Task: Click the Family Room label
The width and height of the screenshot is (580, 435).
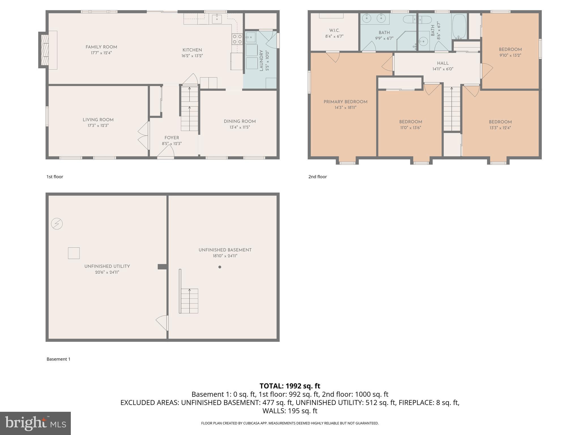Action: pos(101,47)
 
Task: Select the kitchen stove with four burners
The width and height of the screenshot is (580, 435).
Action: pos(237,39)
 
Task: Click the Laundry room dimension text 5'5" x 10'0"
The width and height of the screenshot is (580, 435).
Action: pos(267,61)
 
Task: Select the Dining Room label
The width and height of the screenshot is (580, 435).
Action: pos(240,121)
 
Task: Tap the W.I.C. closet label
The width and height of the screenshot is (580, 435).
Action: pos(334,30)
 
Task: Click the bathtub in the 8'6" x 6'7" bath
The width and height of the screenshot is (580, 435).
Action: pos(459,27)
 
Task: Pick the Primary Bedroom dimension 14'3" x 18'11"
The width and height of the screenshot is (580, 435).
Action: pos(345,108)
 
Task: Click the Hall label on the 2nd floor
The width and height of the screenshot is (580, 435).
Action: pos(443,63)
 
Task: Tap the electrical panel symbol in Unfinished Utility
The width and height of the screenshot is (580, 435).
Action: pos(57,224)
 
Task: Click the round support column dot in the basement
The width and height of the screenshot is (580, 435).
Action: pos(220,267)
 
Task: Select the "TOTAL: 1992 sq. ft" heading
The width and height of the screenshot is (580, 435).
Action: pos(290,386)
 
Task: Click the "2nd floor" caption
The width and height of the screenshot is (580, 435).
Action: pos(317,176)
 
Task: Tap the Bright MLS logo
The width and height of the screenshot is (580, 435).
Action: pos(35,423)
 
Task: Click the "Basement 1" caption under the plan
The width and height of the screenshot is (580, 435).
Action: pos(58,359)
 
